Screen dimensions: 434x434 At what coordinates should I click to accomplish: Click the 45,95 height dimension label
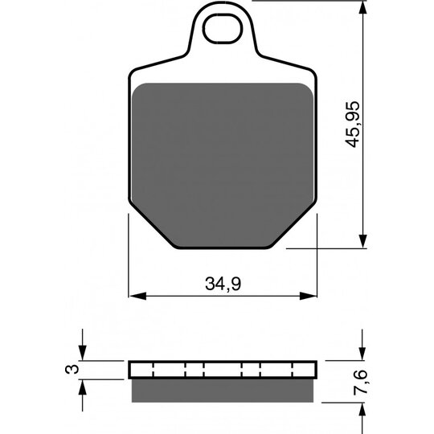352,125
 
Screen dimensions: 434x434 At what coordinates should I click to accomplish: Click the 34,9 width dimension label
223,284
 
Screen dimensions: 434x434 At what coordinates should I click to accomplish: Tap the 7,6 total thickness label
360,382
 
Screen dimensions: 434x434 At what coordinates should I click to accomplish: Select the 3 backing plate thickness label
72,370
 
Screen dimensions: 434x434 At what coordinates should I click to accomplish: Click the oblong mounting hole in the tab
223,28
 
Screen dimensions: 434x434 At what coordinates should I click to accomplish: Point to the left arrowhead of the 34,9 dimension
138,296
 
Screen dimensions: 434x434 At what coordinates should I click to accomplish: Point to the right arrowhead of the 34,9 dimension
308,296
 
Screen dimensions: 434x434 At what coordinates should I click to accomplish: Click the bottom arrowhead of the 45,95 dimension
362,240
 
